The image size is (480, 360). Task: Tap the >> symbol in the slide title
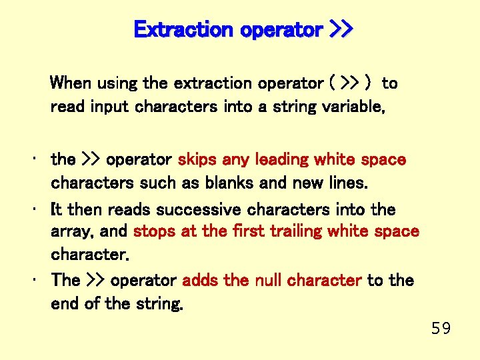[342, 30]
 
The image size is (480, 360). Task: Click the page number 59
[441, 328]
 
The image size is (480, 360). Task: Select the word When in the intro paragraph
[71, 83]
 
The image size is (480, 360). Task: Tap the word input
[109, 107]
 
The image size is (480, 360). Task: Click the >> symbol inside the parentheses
[349, 84]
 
